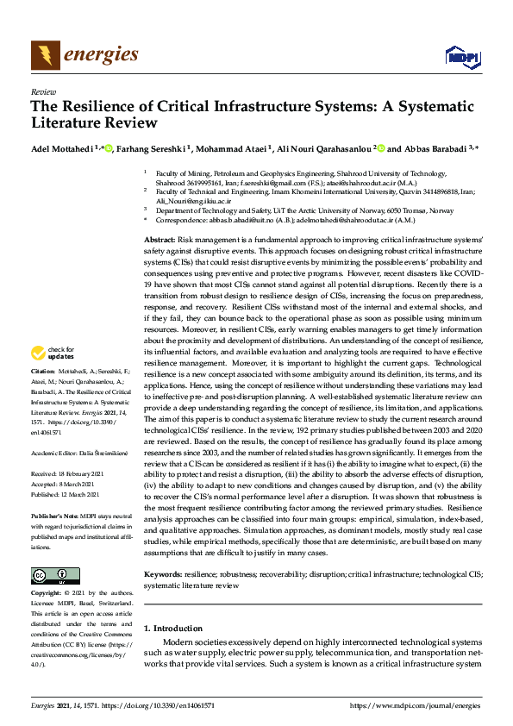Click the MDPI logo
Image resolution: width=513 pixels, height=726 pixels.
[x=461, y=57]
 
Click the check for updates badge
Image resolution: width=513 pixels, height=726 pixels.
[x=51, y=352]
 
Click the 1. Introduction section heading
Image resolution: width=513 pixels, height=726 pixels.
[x=173, y=629]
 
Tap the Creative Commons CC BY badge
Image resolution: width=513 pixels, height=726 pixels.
[x=50, y=575]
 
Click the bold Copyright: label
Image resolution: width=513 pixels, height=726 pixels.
[x=46, y=593]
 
